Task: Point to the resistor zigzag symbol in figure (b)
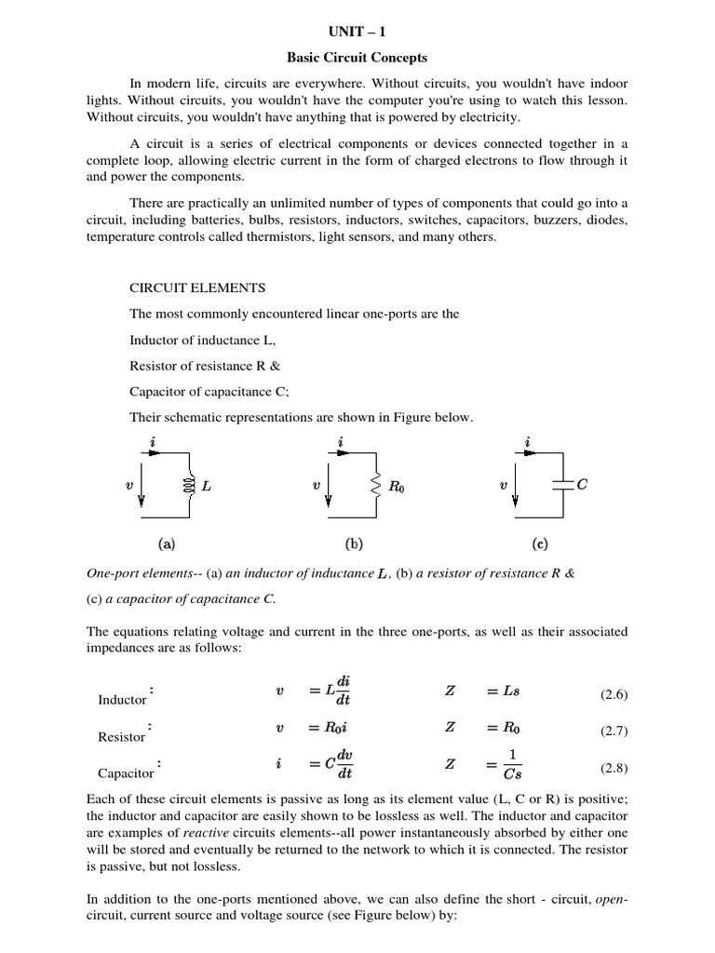point(376,484)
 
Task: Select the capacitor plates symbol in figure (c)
point(562,484)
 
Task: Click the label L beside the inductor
point(207,485)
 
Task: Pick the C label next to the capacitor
point(583,483)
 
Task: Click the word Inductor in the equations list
point(122,700)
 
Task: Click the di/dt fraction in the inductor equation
point(344,691)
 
